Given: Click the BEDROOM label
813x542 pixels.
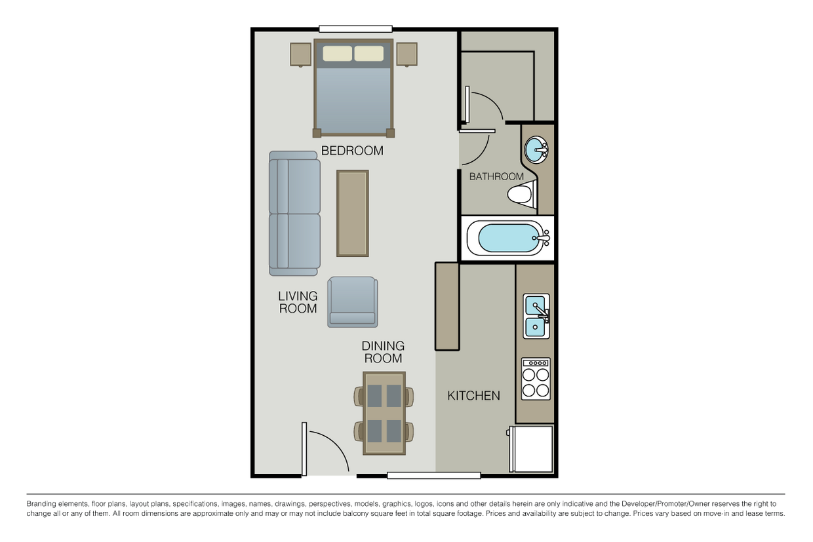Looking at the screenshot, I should click(352, 151).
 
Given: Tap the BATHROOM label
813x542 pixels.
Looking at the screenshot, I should click(496, 176).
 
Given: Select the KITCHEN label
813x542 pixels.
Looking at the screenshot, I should click(473, 396).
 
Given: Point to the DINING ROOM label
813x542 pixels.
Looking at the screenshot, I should click(383, 352).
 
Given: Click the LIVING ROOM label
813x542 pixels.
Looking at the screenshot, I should click(298, 302).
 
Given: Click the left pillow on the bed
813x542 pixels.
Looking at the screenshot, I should click(337, 53).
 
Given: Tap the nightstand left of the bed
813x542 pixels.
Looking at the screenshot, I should click(300, 54).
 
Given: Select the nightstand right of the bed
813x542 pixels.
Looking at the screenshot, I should click(406, 54).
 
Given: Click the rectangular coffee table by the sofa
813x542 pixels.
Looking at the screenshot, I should click(353, 213).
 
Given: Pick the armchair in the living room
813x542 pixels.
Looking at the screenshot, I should click(353, 301).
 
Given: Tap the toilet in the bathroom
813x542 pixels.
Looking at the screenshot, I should click(522, 195).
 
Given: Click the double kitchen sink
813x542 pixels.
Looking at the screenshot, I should click(536, 317).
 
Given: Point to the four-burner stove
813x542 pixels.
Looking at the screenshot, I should click(536, 379).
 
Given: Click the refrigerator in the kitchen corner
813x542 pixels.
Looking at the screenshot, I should click(532, 448).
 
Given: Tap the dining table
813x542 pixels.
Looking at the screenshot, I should click(384, 413).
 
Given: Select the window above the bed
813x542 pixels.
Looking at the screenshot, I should click(355, 29).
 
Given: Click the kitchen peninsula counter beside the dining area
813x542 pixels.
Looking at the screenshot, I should click(447, 306).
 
